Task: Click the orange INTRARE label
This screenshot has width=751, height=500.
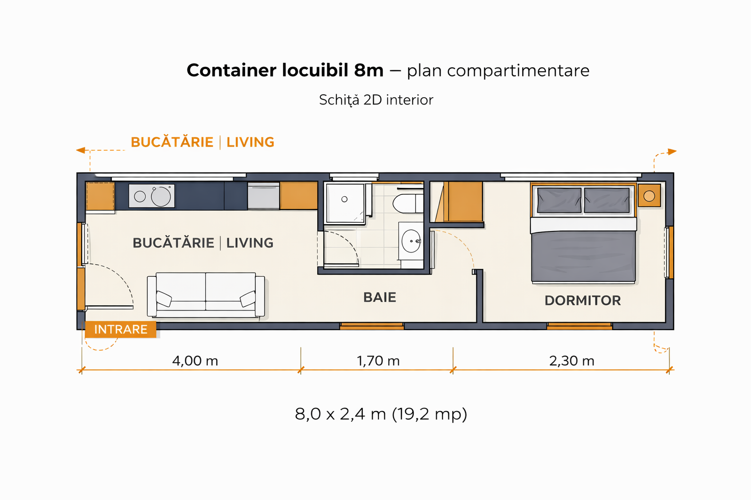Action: [121, 329]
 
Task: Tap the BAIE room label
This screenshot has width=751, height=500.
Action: [380, 297]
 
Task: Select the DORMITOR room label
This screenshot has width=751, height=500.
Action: [583, 300]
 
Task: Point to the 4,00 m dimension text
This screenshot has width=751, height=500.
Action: [195, 361]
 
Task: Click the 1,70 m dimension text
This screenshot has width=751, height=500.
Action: [378, 361]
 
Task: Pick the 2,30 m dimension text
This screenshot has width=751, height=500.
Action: [572, 361]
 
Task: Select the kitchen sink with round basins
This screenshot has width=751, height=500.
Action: [152, 196]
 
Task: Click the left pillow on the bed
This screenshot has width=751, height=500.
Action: [559, 200]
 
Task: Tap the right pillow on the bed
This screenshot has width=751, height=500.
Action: [607, 200]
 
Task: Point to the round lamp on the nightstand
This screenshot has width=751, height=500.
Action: [649, 196]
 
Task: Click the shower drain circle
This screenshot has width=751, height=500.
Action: [344, 199]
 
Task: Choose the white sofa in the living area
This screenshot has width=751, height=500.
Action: [206, 295]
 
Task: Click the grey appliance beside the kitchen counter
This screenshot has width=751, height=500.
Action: [264, 196]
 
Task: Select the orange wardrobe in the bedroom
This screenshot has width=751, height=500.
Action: [463, 202]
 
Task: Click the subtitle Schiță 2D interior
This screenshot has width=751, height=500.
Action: [376, 100]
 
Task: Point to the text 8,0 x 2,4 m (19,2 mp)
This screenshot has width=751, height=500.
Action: [381, 414]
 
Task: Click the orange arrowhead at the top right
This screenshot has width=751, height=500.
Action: [672, 152]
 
